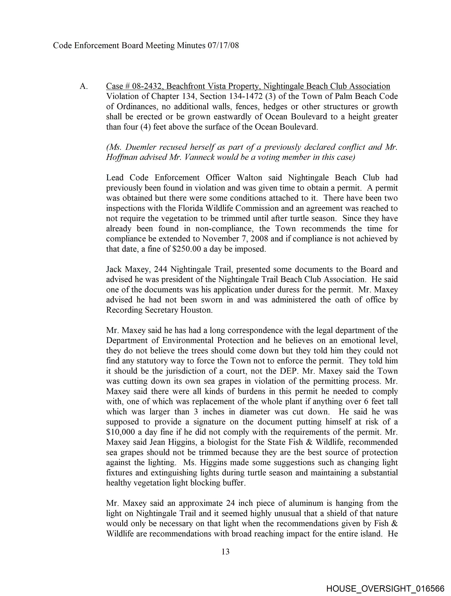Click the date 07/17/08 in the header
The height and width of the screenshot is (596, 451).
(x=223, y=45)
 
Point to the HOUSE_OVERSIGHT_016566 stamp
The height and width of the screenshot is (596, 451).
(x=385, y=588)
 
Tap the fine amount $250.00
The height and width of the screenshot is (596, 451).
(x=186, y=249)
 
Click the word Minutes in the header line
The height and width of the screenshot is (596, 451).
(x=191, y=45)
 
